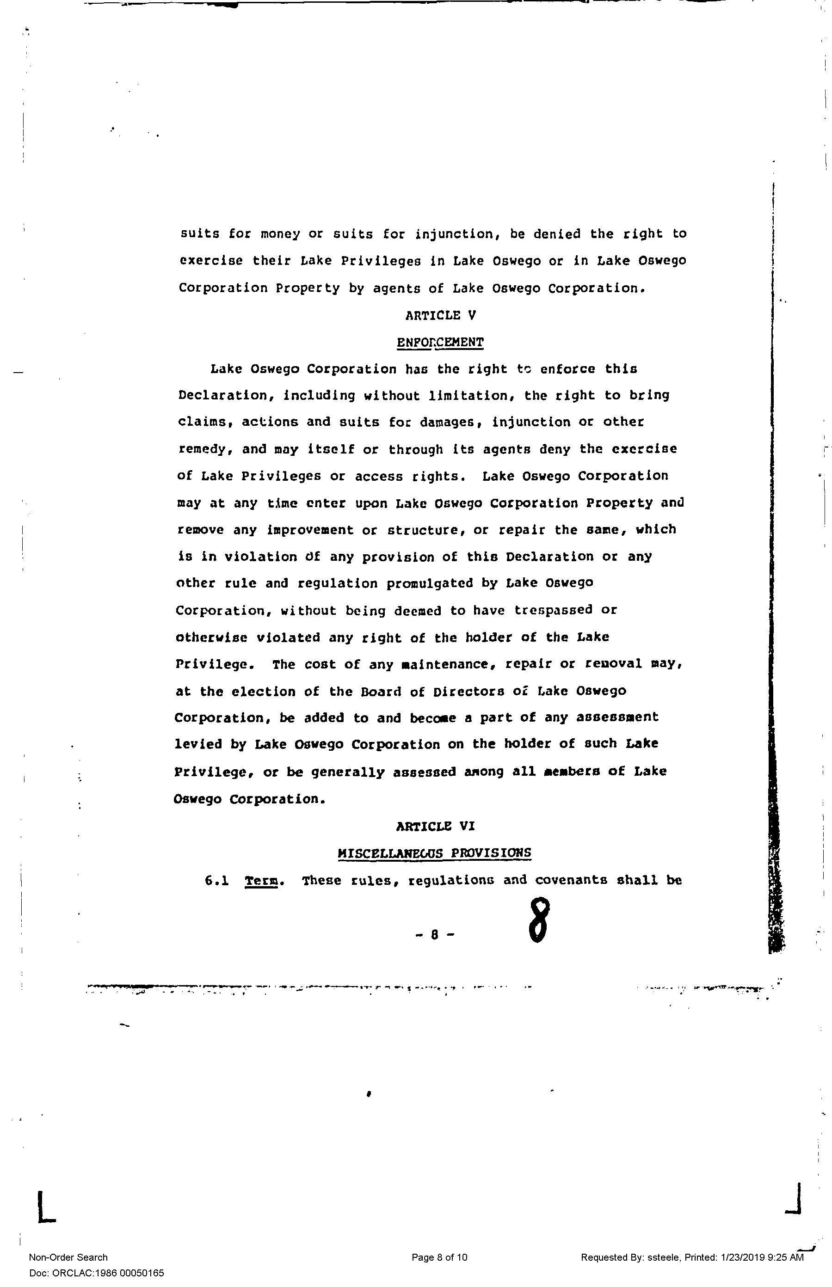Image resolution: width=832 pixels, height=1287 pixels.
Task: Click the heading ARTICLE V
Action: [440, 315]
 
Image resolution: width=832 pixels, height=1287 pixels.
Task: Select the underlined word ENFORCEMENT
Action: [440, 343]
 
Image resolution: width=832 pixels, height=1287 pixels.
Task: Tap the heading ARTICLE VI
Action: [435, 826]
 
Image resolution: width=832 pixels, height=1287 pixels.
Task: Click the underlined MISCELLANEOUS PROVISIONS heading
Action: [434, 853]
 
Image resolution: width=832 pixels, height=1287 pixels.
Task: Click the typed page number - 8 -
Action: [435, 935]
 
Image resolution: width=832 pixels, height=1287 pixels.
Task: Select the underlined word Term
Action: [261, 881]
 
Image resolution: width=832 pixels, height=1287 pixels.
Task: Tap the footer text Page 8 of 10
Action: [439, 1257]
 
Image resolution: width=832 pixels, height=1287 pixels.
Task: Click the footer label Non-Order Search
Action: [68, 1257]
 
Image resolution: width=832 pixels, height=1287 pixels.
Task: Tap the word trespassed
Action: [553, 610]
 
